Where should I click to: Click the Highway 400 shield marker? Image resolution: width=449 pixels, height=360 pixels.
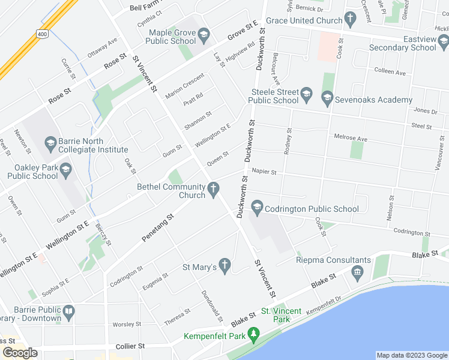point(41,34)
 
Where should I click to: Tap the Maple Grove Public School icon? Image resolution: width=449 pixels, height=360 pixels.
point(204,34)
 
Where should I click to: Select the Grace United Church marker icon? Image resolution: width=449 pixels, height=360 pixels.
point(351,20)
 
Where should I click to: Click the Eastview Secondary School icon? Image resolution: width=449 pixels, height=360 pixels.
point(444,41)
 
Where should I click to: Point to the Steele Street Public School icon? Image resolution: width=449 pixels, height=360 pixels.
point(306,94)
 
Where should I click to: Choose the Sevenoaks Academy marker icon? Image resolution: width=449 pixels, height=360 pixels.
point(327,97)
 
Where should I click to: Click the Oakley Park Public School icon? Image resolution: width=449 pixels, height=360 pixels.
point(65,172)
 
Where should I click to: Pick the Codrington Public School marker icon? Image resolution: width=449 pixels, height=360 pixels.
point(257,207)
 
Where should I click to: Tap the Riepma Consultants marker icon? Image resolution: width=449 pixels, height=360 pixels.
point(358,274)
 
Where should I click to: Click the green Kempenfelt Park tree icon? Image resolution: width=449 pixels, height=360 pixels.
point(255,334)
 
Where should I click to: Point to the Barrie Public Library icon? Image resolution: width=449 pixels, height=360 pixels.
point(70,313)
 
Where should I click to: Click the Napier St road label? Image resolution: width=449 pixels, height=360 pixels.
point(264,172)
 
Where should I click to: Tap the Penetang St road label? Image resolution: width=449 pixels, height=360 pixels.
point(157,229)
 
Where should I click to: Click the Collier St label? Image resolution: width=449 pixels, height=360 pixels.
point(130,346)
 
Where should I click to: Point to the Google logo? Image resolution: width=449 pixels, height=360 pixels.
point(20,353)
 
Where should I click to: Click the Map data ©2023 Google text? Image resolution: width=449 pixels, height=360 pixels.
point(411,355)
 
